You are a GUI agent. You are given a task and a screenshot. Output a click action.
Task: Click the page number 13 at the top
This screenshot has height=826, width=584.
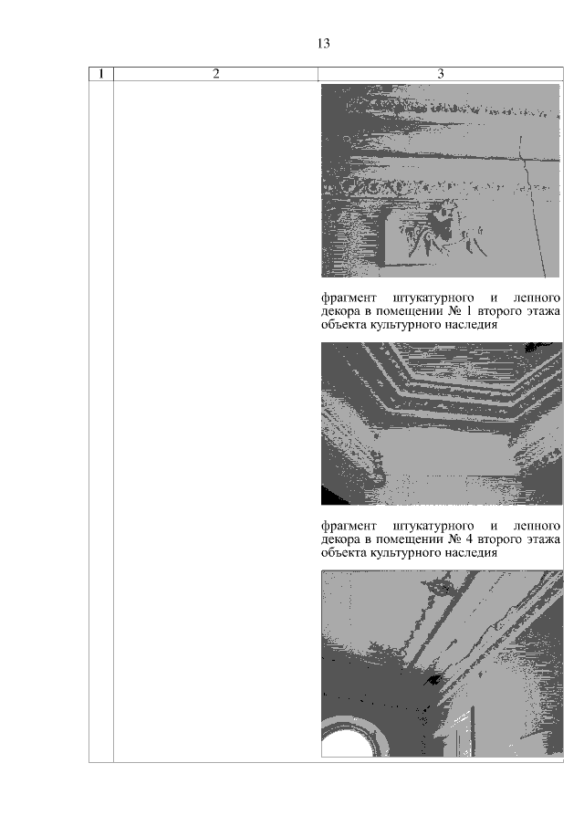coord(323,43)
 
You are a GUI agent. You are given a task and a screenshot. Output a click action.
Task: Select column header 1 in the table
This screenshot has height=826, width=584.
coord(101,74)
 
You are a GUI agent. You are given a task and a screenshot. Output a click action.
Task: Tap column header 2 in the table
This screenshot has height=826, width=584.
coord(216,74)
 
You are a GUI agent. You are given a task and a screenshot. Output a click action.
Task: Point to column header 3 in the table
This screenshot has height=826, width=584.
coord(441,74)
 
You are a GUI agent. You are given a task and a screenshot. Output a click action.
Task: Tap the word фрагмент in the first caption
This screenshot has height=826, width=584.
coord(349,298)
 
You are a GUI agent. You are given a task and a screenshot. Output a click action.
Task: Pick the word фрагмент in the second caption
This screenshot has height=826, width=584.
coord(349,527)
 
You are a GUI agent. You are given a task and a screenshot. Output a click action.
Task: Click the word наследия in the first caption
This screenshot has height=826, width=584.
coord(471,325)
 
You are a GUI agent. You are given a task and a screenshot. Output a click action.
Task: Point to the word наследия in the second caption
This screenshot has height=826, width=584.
coord(471,553)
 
